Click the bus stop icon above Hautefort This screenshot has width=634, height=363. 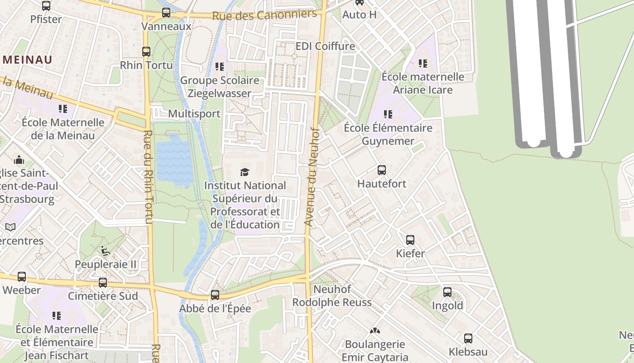click(382, 171)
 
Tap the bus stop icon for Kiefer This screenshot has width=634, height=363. click(410, 240)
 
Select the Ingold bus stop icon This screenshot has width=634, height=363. click(447, 292)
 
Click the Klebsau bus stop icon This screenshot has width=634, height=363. click(468, 338)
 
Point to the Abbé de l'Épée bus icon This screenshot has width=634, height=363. click(215, 295)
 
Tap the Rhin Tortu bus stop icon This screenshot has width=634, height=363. click(146, 52)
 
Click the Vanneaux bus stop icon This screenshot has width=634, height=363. click(166, 13)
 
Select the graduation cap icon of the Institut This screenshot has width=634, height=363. click(245, 172)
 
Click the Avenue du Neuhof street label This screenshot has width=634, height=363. click(312, 177)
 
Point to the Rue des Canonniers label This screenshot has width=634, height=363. click(264, 15)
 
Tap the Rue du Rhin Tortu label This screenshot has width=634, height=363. click(149, 177)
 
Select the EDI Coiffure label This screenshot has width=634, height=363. click(325, 46)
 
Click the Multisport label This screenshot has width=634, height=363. click(194, 113)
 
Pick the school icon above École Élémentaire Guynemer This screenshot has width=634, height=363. click(388, 114)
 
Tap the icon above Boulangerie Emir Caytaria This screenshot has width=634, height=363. click(375, 331)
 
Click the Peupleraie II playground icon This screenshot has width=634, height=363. click(106, 250)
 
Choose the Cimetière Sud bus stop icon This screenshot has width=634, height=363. click(103, 283)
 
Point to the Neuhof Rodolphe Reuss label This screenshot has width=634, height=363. click(332, 296)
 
